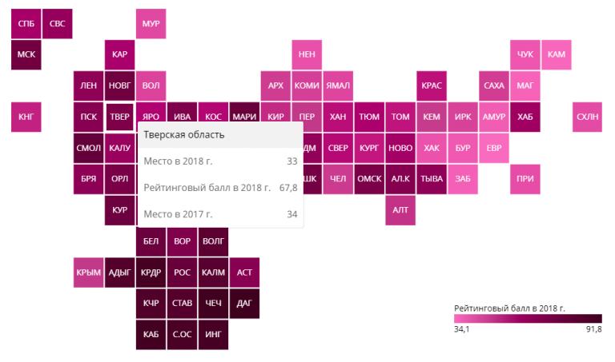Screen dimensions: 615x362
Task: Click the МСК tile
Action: [26, 54]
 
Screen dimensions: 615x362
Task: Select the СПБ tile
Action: [26, 23]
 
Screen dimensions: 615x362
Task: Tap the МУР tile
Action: [151, 23]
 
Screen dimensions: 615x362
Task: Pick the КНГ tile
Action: [26, 117]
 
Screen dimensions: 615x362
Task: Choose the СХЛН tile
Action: [587, 117]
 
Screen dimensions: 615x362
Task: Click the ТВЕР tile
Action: [119, 117]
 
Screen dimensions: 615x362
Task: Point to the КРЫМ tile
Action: [88, 272]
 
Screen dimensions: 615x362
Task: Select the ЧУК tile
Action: [525, 54]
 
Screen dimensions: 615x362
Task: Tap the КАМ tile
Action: [557, 54]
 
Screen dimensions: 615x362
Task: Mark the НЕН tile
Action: [307, 54]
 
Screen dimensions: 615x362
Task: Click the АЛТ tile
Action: [400, 210]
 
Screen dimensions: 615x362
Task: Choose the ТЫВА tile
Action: [432, 179]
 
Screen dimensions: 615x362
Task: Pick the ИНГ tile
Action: [213, 335]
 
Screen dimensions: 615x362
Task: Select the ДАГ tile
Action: [244, 304]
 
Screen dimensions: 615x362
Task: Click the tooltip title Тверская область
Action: [184, 134]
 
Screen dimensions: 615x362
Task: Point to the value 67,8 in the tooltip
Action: [288, 188]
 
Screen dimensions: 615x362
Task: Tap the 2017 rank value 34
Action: [292, 214]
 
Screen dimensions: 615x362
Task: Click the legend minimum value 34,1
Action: [461, 329]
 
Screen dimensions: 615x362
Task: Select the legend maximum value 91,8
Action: [594, 329]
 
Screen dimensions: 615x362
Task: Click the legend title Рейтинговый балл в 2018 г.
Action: [509, 308]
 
